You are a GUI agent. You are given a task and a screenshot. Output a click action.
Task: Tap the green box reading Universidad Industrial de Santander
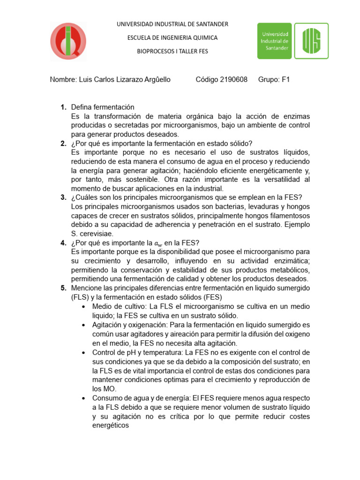pyautogui.click(x=274, y=41)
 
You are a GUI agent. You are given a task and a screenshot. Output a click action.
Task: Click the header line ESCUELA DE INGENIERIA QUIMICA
pyautogui.click(x=172, y=37)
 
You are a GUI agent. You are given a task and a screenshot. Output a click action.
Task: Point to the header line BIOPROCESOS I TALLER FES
pyautogui.click(x=172, y=51)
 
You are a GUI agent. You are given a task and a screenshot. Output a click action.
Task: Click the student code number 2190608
pyautogui.click(x=233, y=80)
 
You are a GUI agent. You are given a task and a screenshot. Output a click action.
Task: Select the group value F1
pyautogui.click(x=285, y=80)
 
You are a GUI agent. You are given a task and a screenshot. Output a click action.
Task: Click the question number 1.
pyautogui.click(x=63, y=107)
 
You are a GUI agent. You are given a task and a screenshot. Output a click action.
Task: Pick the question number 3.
pyautogui.click(x=63, y=197)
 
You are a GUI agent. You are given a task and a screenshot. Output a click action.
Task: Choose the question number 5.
pyautogui.click(x=63, y=287)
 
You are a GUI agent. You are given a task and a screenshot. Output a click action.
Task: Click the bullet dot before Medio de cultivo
pyautogui.click(x=83, y=307)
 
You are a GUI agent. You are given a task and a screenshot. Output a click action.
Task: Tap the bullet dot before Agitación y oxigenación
pyautogui.click(x=83, y=325)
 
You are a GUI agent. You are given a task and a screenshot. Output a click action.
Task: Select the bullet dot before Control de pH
pyautogui.click(x=83, y=352)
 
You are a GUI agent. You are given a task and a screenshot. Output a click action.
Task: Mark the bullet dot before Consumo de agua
pyautogui.click(x=83, y=398)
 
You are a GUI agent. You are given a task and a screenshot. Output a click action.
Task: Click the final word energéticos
pyautogui.click(x=111, y=425)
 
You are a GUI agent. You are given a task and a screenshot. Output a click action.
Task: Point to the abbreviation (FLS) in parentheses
pyautogui.click(x=81, y=297)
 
